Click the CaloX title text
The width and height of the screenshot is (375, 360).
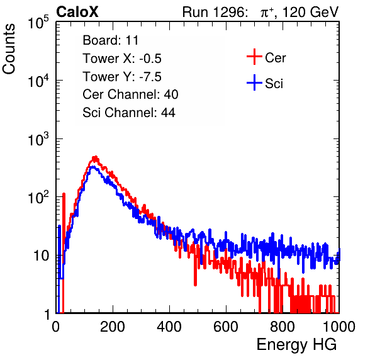point(77,12)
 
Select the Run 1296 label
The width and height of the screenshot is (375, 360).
point(215,12)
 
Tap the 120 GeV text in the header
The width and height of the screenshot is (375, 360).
point(310,12)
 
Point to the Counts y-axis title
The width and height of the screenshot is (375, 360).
point(9,49)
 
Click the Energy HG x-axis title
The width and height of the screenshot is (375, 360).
point(296,344)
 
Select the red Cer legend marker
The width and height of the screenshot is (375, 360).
point(254,57)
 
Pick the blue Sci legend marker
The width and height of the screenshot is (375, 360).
point(254,83)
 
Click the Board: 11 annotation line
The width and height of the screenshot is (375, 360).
point(111,40)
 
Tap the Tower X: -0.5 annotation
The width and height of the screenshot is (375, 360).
point(122,59)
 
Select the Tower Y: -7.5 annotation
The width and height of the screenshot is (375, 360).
point(122,77)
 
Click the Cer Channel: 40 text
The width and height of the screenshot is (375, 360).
point(130,94)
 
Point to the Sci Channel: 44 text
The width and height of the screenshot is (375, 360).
point(129,113)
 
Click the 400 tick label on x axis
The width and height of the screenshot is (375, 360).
point(169,327)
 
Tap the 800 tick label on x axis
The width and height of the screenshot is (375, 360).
point(283,327)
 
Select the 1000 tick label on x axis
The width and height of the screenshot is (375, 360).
point(339,327)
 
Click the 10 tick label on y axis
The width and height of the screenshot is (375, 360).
point(42,256)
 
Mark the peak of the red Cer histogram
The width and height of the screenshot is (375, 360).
point(95,157)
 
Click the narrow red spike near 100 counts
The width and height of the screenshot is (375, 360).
point(64,230)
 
